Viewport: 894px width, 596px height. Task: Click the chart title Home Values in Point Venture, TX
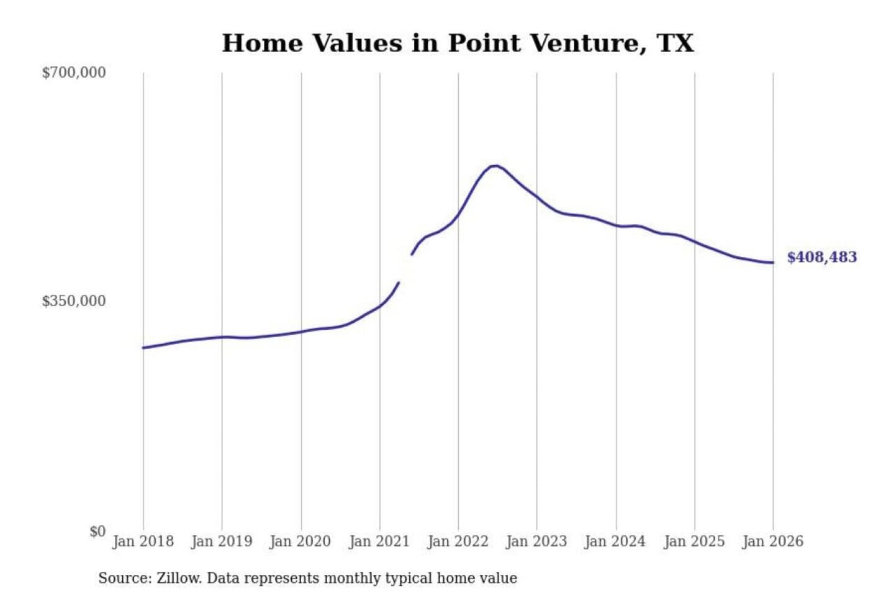coord(458,43)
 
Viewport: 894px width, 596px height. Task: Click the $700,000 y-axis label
coord(74,73)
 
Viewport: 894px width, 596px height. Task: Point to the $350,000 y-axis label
coord(74,301)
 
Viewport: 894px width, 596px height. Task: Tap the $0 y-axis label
coord(97,531)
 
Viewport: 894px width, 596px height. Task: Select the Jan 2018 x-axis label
coord(143,541)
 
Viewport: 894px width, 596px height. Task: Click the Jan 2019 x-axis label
coord(222,541)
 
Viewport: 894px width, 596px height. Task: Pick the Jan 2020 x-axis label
coord(300,541)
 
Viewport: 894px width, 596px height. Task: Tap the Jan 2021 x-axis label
coord(379,541)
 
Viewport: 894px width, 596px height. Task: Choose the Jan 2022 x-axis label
coord(458,541)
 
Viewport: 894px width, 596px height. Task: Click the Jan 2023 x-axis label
coord(536,541)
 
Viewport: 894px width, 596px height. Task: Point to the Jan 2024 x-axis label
coord(615,541)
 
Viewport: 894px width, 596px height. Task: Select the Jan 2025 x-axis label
coord(694,541)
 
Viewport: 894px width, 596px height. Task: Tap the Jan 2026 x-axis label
coord(773,541)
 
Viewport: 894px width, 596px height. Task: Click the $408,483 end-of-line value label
coord(821,257)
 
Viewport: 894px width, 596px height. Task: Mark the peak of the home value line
coord(495,166)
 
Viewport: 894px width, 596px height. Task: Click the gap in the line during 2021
coord(405,268)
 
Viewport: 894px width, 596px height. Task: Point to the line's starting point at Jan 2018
coord(143,348)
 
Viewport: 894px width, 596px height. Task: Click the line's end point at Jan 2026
coord(773,263)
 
